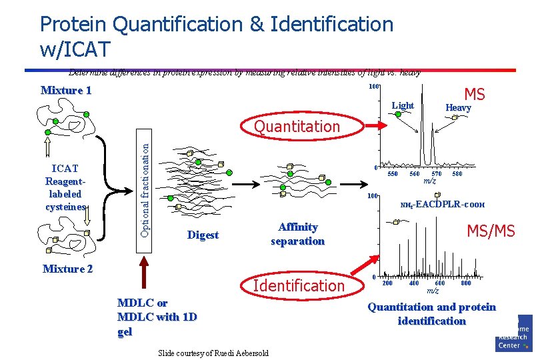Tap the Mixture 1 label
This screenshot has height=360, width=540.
pyautogui.click(x=66, y=91)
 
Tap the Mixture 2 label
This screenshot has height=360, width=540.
pyautogui.click(x=67, y=269)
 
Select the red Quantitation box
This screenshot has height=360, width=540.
pyautogui.click(x=297, y=126)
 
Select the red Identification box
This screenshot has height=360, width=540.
pyautogui.click(x=300, y=286)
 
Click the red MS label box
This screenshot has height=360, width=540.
pyautogui.click(x=475, y=94)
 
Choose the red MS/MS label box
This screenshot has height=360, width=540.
pyautogui.click(x=491, y=231)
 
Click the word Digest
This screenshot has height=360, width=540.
pyautogui.click(x=203, y=235)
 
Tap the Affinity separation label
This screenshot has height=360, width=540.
pyautogui.click(x=297, y=234)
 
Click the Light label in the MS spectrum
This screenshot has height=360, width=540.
pyautogui.click(x=403, y=106)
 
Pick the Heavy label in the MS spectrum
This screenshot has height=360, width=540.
pyautogui.click(x=458, y=108)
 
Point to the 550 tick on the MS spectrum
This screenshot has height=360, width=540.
pyautogui.click(x=393, y=174)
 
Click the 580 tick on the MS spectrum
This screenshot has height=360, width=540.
pyautogui.click(x=457, y=174)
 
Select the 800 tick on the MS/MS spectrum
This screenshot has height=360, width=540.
pyautogui.click(x=465, y=283)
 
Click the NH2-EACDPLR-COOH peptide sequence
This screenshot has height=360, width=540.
pyautogui.click(x=442, y=205)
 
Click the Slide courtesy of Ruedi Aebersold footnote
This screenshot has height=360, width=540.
pyautogui.click(x=213, y=353)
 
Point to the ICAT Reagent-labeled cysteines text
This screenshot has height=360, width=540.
pyautogui.click(x=65, y=187)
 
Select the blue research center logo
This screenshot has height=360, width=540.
pyautogui.click(x=514, y=333)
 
